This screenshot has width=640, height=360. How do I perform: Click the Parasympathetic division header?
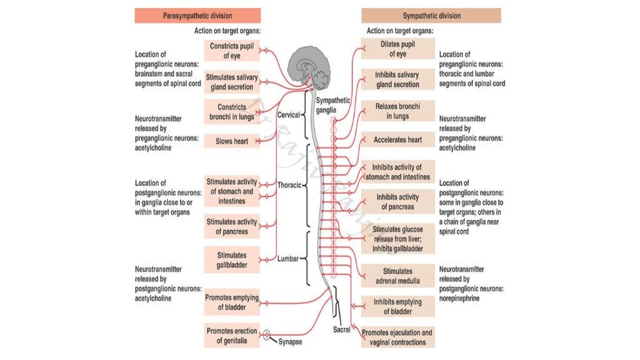point(197,15)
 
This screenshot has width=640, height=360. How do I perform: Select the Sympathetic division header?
point(431,15)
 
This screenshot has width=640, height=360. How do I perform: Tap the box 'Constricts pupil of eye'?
point(232,51)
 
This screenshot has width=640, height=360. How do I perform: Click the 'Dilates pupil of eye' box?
point(397,49)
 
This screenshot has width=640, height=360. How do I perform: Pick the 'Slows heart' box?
point(232,141)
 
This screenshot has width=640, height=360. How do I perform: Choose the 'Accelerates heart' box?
point(397,140)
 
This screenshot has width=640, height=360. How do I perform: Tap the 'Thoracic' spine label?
point(289,186)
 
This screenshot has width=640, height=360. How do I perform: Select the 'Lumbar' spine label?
point(288,258)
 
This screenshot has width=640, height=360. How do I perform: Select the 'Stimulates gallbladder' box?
point(232,261)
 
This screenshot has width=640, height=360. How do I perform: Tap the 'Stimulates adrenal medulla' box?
point(397,276)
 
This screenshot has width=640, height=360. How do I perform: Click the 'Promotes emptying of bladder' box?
point(232,302)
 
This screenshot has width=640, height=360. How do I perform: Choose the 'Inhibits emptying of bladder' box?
point(397,306)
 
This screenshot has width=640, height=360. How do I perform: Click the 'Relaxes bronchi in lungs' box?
point(397,111)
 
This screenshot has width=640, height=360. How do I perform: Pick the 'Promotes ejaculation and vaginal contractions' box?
point(397,337)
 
